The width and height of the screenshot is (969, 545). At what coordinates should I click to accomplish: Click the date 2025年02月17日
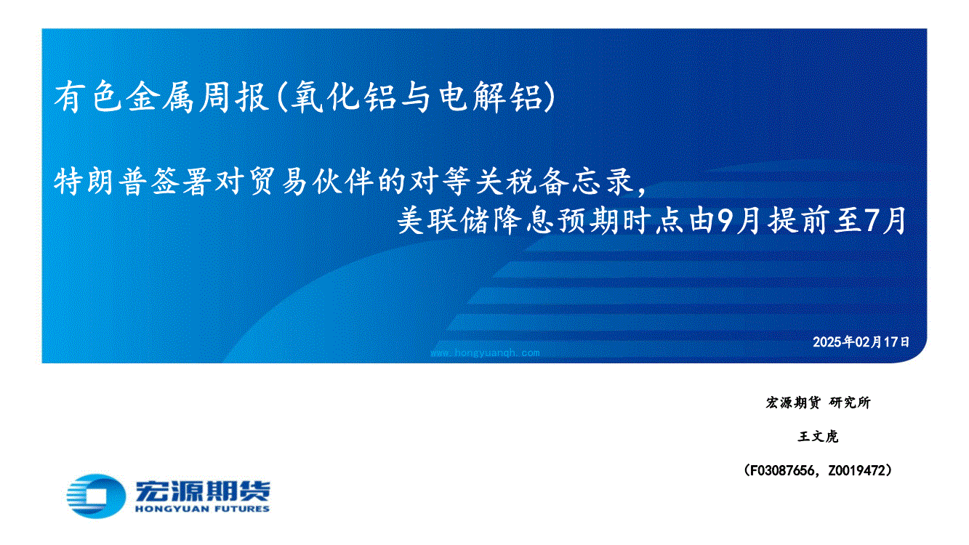click(x=861, y=342)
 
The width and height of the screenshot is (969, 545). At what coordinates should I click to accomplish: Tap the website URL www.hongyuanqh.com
click(x=486, y=353)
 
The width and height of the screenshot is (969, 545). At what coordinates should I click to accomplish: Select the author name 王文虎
click(x=818, y=437)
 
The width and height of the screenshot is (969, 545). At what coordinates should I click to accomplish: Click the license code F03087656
click(x=781, y=470)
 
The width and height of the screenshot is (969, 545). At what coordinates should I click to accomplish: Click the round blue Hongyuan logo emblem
click(x=96, y=496)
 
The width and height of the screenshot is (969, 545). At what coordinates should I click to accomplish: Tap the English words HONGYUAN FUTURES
click(x=203, y=509)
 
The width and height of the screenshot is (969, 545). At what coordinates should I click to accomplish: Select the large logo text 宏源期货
click(x=203, y=490)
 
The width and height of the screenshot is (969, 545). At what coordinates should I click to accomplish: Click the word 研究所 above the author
click(x=850, y=403)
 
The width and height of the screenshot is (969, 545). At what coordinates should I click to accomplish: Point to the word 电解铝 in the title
click(x=491, y=97)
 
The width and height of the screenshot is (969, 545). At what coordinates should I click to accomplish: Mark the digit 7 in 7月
click(x=869, y=221)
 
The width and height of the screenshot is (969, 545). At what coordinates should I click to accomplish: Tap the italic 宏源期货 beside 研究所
click(x=792, y=403)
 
